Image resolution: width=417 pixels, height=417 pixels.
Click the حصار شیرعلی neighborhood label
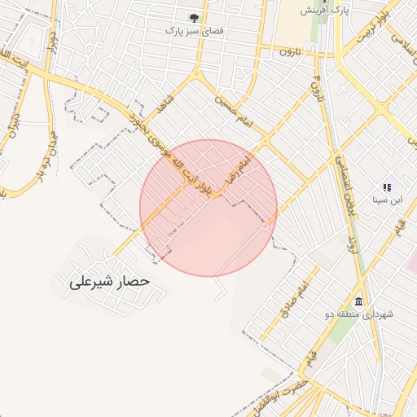coord(111,282)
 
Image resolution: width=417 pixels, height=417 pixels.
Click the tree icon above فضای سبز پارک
coord(194,17)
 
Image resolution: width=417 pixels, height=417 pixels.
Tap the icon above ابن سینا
coord(387,186)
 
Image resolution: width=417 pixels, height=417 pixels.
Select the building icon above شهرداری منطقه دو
coord(359,301)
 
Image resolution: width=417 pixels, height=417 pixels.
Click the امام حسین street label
coord(235,112)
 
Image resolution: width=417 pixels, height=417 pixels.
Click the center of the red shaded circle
coord(208,208)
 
